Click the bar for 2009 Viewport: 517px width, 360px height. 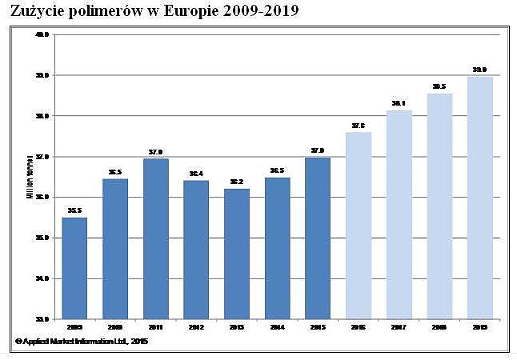pos(74,268)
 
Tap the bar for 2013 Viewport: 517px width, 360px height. pos(236,254)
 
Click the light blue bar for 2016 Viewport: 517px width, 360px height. pos(359,226)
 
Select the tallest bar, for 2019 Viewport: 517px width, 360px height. pos(480,198)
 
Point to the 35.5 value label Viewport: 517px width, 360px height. pos(74,211)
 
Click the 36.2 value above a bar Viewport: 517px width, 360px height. pos(236,182)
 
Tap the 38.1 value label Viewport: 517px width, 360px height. pos(399,104)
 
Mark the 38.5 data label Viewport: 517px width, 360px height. pos(439,86)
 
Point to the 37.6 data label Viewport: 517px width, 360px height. pos(359,126)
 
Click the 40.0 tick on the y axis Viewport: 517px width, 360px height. pos(42,34)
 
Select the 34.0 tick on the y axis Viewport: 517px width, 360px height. pos(42,278)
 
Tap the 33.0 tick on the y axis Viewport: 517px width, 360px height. pos(42,319)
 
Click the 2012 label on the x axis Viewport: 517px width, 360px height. pos(196,327)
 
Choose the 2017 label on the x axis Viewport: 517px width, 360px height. pos(399,327)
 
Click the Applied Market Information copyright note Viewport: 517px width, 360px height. pos(81,342)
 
